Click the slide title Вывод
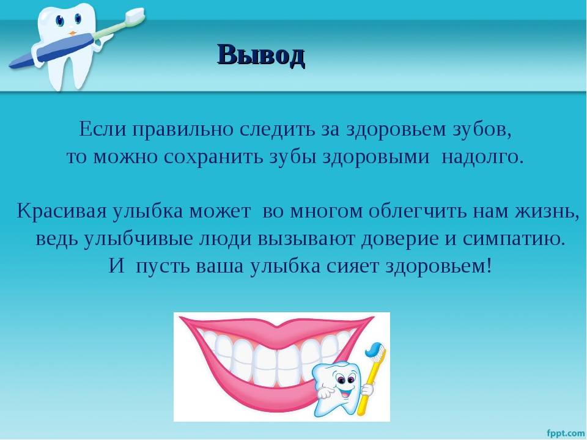[261, 56]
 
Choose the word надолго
[482, 158]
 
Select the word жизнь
[547, 211]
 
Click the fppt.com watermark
[566, 433]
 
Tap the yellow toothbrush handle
[367, 389]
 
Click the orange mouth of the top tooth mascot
[73, 33]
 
